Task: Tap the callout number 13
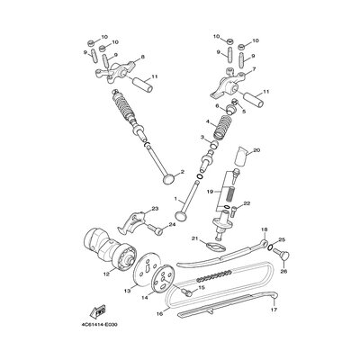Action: (128, 291)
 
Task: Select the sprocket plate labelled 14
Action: (163, 280)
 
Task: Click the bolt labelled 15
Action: (185, 292)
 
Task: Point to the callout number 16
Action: (159, 313)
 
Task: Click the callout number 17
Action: (274, 310)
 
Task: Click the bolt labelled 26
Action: (281, 255)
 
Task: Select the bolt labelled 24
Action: (156, 229)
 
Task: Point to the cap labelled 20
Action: (241, 156)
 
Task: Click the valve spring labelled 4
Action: (222, 127)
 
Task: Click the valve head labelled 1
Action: (181, 216)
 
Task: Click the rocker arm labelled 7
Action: (227, 82)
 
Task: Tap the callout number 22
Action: (247, 203)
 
